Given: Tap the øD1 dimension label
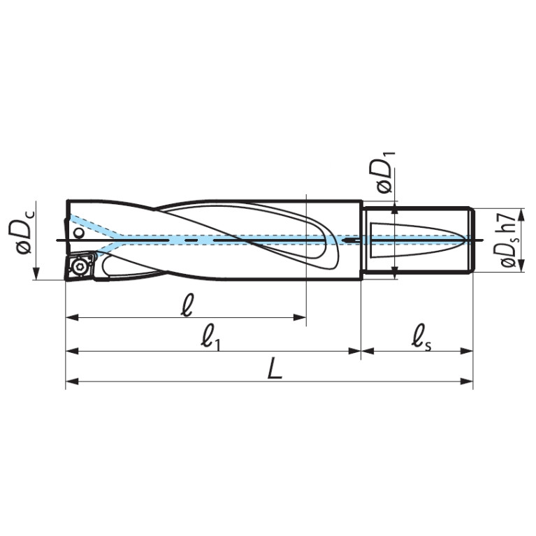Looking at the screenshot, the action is (386, 172).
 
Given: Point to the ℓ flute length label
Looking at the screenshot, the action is (187, 305).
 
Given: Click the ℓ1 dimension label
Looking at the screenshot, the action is (211, 340).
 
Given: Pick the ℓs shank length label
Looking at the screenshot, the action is (421, 340).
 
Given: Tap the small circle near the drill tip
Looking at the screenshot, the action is (79, 233).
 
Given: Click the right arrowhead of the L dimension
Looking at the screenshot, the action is (467, 381).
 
